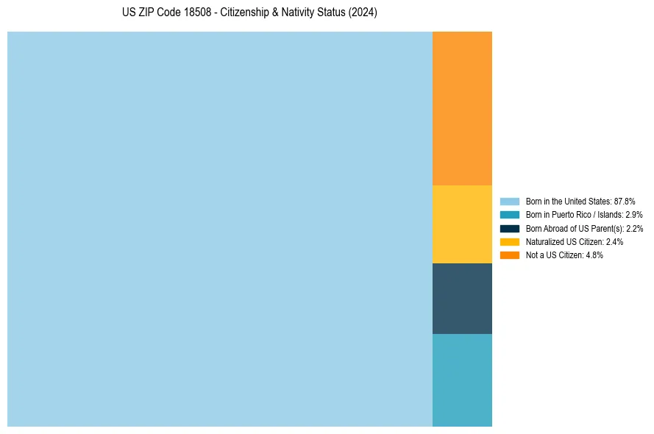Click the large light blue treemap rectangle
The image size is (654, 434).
219,229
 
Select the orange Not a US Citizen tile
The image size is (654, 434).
462,108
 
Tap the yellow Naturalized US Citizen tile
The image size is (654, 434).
462,224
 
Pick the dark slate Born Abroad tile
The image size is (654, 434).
462,299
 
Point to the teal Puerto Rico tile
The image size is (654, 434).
462,380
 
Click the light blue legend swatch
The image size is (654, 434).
509,201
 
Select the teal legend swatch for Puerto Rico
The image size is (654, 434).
509,215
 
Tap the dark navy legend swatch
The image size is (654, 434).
509,228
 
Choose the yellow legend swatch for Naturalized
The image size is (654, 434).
509,241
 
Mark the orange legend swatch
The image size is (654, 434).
509,255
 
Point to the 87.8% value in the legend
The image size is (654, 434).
625,201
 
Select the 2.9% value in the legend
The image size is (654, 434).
634,215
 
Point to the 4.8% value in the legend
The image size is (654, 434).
595,255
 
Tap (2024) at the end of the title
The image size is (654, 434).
363,13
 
